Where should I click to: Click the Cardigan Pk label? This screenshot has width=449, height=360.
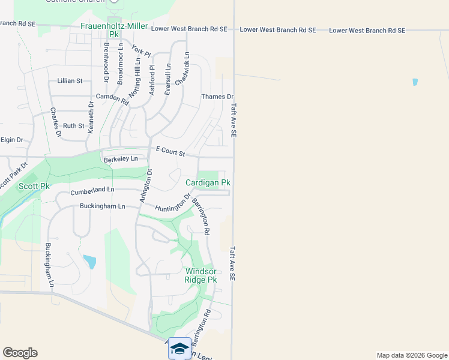click(x=208, y=182)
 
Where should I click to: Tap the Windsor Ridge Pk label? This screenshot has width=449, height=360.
click(x=200, y=275)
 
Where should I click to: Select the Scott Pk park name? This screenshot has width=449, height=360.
click(x=34, y=186)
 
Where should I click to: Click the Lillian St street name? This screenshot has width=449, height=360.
click(x=70, y=80)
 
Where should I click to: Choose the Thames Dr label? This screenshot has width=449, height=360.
click(x=217, y=97)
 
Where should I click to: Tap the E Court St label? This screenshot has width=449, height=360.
click(x=170, y=151)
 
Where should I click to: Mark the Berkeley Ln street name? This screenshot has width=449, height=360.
click(x=121, y=159)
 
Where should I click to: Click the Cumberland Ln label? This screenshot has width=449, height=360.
click(x=92, y=191)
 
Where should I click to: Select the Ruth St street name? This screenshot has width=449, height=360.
click(x=74, y=126)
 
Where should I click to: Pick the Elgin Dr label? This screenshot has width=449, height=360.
click(x=11, y=140)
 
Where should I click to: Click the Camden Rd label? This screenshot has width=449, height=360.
click(x=112, y=99)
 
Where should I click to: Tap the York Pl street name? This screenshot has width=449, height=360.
click(x=140, y=52)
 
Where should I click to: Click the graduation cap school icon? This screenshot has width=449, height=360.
click(x=180, y=347)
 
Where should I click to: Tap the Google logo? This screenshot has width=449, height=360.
click(x=20, y=353)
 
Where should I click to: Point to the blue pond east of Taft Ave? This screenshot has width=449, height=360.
click(x=415, y=82)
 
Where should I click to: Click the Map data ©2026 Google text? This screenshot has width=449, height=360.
click(x=411, y=355)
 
